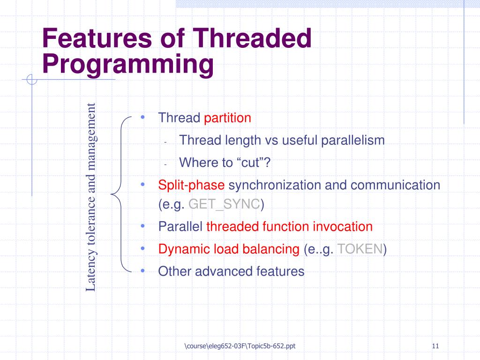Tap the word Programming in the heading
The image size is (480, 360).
tap(128, 65)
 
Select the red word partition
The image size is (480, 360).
tap(227, 118)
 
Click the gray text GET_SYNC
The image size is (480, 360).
tap(224, 204)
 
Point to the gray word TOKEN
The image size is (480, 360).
tap(360, 249)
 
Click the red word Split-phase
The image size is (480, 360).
tap(191, 185)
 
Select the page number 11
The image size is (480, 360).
tap(435, 346)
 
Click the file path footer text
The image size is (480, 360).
tap(240, 346)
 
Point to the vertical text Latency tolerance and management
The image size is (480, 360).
tap(91, 197)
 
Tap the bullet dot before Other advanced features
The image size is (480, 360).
tap(142, 270)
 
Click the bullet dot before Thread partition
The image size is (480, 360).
tap(142, 117)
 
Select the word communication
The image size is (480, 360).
tap(395, 185)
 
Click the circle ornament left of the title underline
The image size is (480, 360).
tap(32, 79)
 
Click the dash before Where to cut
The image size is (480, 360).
tap(165, 165)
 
